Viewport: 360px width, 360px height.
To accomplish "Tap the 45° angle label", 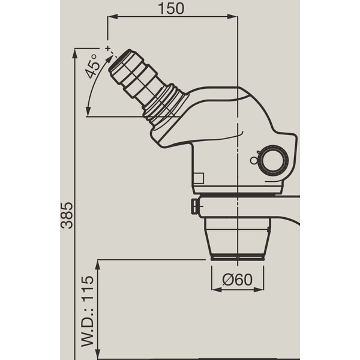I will [91, 67].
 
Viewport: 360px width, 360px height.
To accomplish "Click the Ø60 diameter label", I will [237, 280].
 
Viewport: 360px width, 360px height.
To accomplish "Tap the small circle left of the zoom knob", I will [253, 160].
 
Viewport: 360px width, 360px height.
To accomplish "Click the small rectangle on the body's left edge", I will [199, 178].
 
